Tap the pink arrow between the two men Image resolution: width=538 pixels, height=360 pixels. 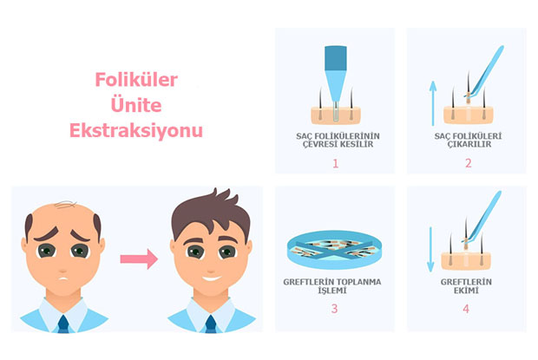tap(138, 258)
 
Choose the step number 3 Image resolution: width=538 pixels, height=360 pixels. tap(333, 330)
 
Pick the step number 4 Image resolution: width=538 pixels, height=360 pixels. tap(468, 330)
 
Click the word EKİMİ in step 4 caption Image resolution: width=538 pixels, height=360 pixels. tap(468, 303)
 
